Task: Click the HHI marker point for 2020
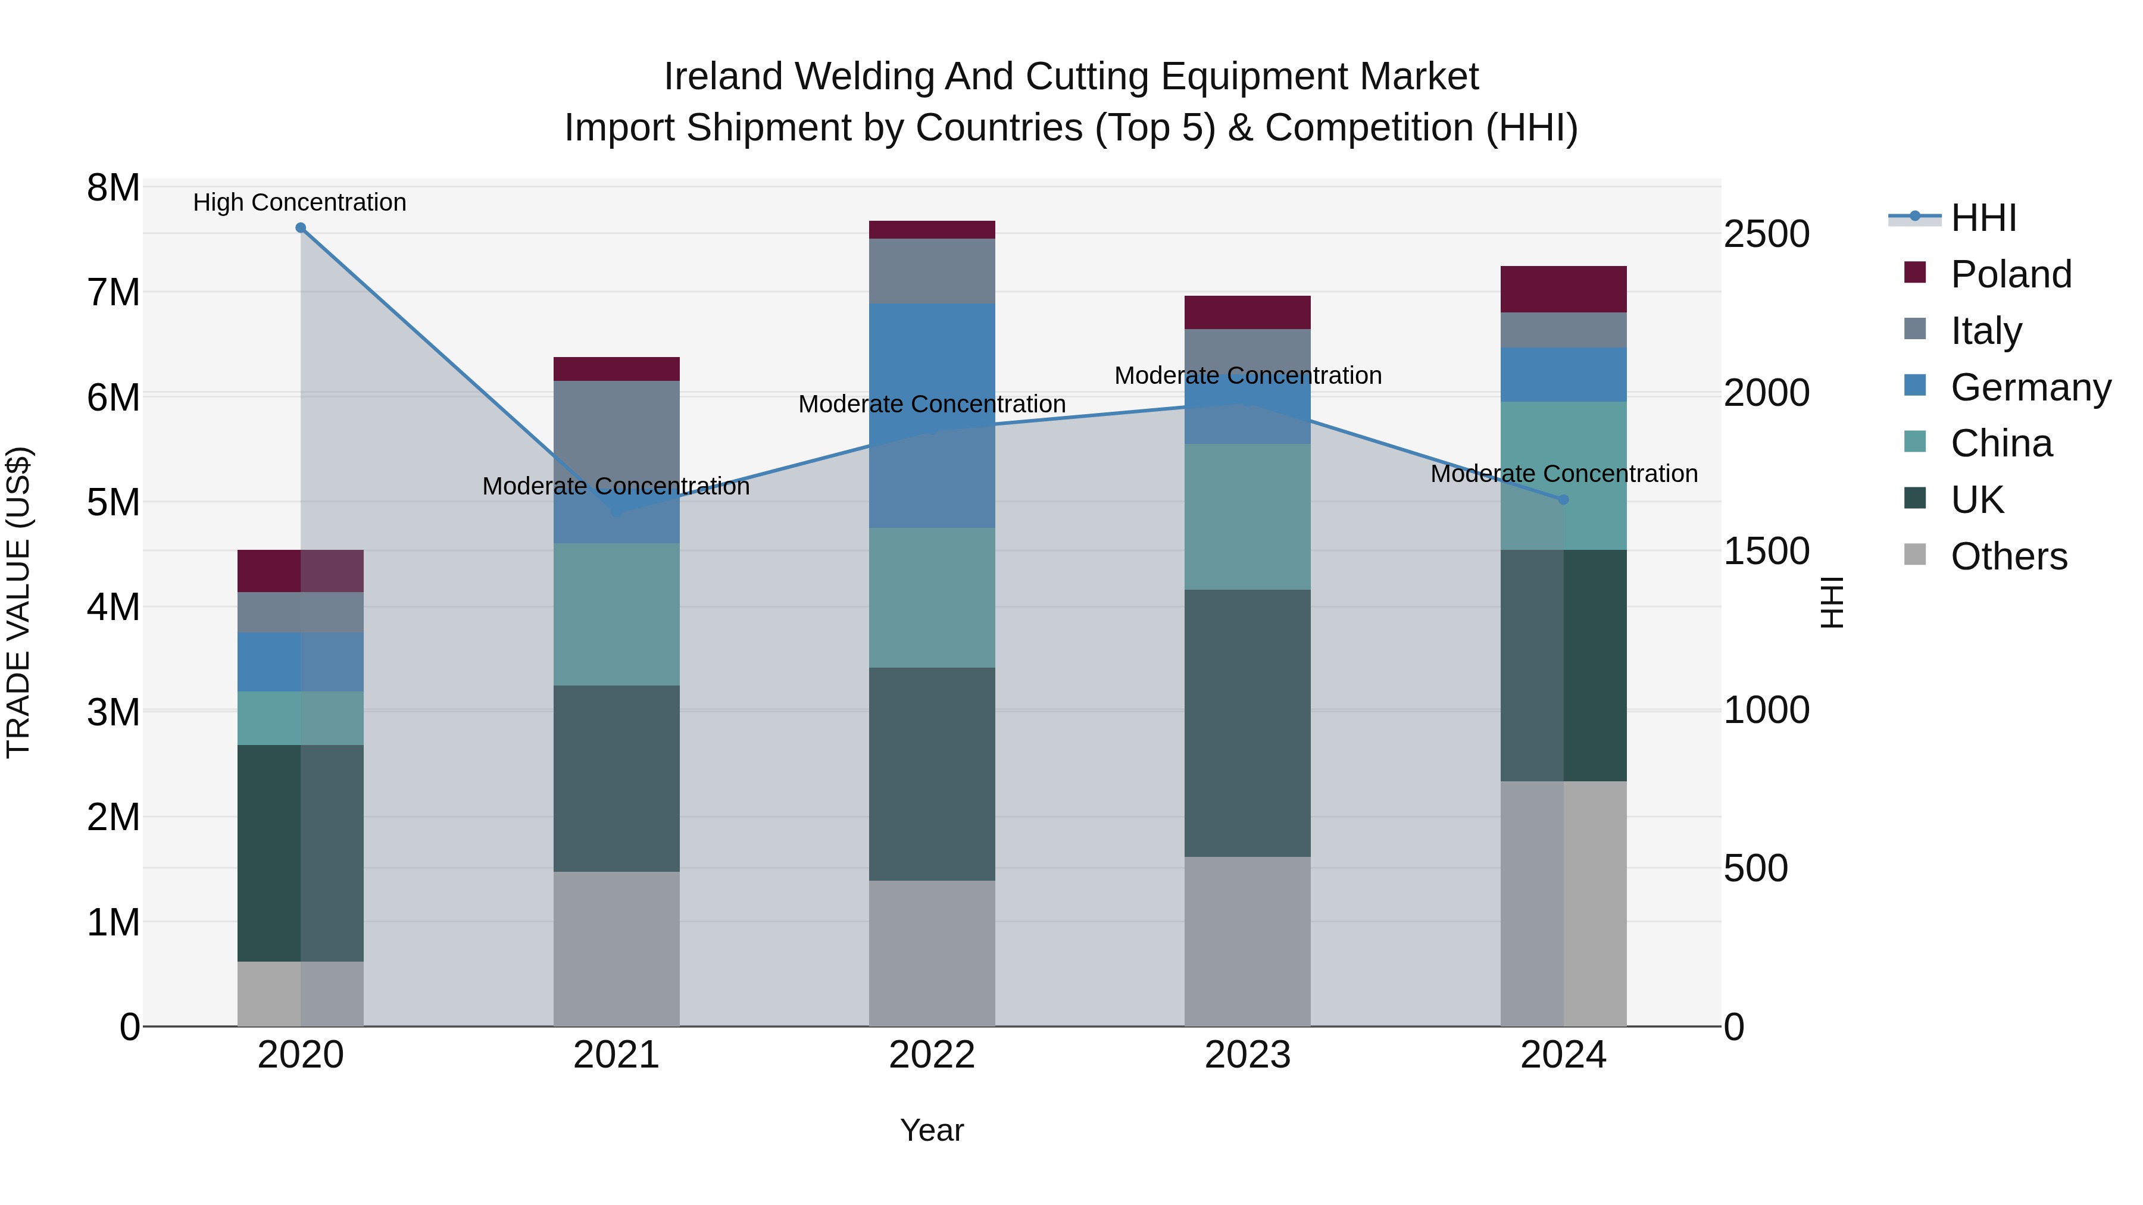[301, 228]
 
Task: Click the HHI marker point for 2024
[1563, 500]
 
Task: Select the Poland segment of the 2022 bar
[932, 230]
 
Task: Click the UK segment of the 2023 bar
[1247, 724]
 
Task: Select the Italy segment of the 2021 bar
[617, 462]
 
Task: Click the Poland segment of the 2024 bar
[1563, 289]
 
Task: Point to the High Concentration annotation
[299, 202]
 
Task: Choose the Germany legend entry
[2030, 387]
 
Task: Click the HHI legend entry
[1983, 218]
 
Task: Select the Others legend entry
[2008, 556]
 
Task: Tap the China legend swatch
[1915, 442]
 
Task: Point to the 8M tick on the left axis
[113, 188]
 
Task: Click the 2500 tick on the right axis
[1766, 234]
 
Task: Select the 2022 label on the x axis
[932, 1055]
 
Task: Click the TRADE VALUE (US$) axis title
[19, 602]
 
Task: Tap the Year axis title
[932, 1130]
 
